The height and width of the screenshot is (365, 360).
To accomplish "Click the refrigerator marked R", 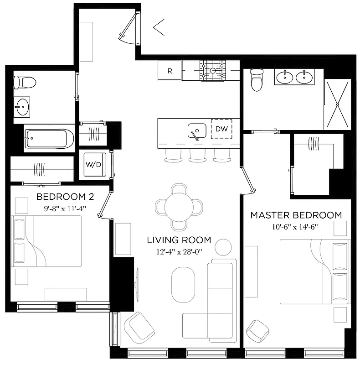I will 170,71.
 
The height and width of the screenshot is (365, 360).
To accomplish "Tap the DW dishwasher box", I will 221,129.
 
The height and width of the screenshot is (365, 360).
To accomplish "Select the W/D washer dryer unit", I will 93,164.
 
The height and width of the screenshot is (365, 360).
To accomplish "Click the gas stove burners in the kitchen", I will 213,71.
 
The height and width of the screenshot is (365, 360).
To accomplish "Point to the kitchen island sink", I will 197,131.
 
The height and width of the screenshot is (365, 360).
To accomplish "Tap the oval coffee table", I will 183,284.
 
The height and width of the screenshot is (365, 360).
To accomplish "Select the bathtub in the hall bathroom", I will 49,138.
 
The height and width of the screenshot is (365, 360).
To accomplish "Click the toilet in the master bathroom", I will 257,81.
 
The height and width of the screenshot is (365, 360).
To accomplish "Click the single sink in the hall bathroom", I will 21,109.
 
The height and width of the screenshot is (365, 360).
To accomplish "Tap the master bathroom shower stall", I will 338,104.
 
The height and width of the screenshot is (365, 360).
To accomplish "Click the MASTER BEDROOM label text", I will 296,214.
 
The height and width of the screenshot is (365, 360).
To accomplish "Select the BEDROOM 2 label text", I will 65,197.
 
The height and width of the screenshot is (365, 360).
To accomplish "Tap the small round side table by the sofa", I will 223,247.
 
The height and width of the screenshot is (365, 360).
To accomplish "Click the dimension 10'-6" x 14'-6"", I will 296,227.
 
